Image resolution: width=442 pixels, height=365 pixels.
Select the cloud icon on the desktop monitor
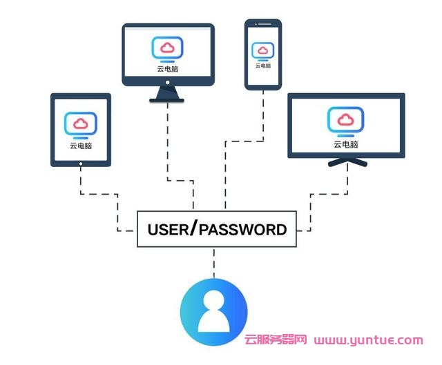[168, 48]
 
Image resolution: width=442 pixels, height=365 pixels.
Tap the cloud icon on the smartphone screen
[263, 50]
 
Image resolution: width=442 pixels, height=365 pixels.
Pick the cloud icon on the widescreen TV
[346, 121]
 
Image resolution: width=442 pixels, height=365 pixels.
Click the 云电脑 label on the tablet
[81, 146]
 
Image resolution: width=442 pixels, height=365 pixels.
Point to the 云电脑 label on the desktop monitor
[168, 69]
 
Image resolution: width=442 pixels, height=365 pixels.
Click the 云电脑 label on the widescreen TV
[346, 144]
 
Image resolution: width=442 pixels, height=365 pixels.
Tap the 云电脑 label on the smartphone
[263, 66]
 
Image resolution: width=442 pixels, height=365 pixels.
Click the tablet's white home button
[81, 164]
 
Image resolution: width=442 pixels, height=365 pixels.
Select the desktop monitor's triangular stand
[168, 95]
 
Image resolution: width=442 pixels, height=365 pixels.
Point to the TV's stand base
[346, 164]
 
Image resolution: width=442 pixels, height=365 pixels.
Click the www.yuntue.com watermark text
[368, 340]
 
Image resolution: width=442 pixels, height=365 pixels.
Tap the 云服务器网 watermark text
[276, 340]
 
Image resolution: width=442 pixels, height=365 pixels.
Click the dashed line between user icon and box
[213, 263]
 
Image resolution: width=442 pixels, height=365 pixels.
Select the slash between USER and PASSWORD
[193, 228]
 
